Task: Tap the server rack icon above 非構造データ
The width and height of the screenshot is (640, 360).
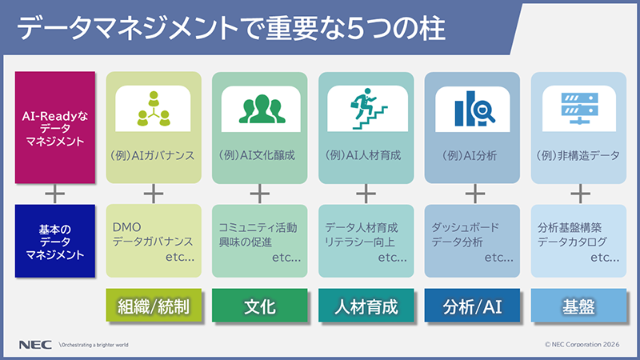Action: click(578, 107)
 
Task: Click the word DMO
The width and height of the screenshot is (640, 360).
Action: click(127, 227)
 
